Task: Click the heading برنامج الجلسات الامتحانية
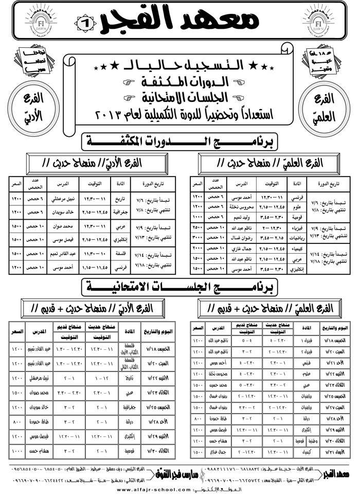pos(179,286)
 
